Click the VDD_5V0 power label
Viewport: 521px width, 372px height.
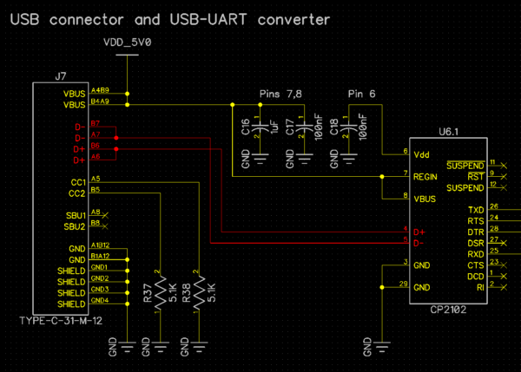click(127, 42)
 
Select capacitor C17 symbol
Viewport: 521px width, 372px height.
click(304, 131)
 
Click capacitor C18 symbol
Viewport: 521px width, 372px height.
click(350, 131)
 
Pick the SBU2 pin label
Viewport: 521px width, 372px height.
click(74, 226)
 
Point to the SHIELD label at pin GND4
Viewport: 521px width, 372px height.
click(71, 304)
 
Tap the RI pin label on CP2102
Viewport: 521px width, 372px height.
click(480, 287)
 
